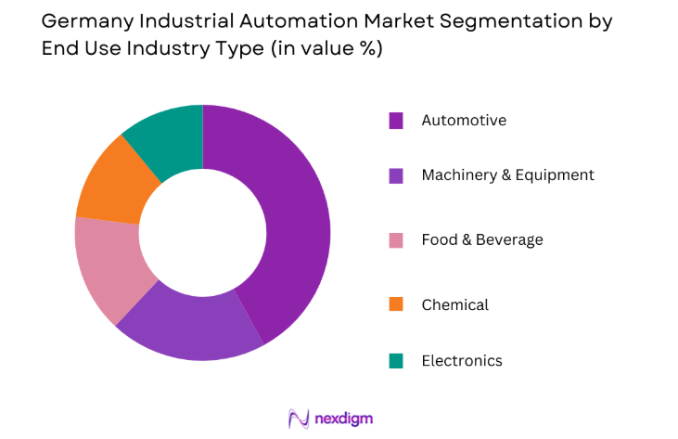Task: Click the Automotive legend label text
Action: pos(464,120)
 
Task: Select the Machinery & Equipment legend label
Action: pos(507,174)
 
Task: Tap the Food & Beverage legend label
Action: pos(481,239)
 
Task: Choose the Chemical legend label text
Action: pos(454,304)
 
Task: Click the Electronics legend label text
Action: pos(461,360)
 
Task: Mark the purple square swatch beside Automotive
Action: pos(396,121)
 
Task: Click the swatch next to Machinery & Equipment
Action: pos(396,175)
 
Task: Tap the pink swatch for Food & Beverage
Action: pos(396,240)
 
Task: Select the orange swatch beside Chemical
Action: pos(396,304)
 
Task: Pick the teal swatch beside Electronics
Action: pos(396,361)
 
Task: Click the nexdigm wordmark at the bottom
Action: pos(342,419)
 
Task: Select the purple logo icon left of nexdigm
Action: pos(299,419)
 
